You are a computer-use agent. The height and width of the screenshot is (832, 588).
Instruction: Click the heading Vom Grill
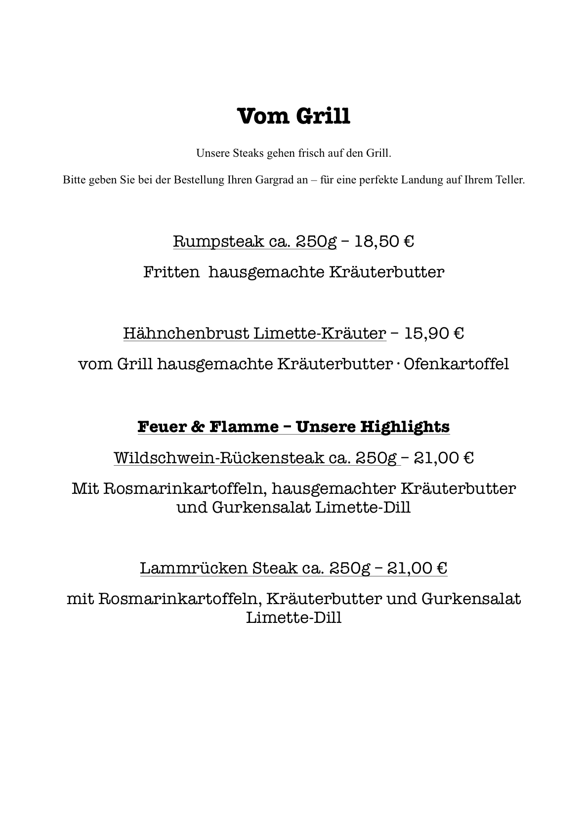(294, 117)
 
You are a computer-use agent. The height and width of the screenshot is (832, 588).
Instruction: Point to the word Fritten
(171, 272)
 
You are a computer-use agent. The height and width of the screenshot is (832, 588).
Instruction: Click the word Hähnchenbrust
(186, 334)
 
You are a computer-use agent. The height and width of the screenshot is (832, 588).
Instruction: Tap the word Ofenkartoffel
(456, 364)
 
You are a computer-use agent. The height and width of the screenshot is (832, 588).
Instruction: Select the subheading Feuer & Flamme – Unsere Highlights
(294, 426)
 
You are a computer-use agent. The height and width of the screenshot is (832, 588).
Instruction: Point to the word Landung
(422, 180)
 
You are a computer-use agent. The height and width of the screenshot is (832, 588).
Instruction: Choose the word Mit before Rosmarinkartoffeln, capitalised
(85, 488)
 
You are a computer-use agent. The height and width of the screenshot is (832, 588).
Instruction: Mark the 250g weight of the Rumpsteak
(316, 242)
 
